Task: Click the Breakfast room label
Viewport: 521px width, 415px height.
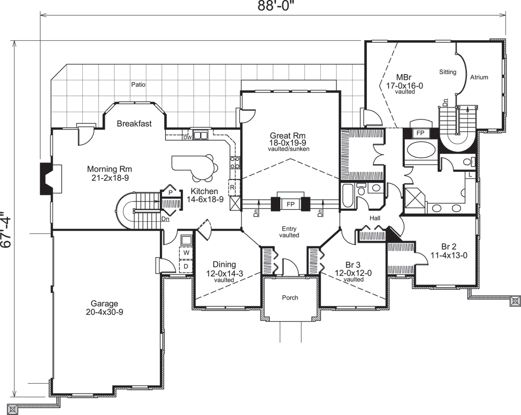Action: tap(134, 124)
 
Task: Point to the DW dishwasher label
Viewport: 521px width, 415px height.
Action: tap(187, 138)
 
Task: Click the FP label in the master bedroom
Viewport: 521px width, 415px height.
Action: tap(419, 133)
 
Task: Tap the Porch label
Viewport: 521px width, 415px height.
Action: tap(290, 298)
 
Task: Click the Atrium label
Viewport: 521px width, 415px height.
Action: tap(479, 77)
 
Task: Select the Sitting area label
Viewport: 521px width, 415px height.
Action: tap(448, 72)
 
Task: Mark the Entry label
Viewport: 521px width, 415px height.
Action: tap(289, 228)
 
